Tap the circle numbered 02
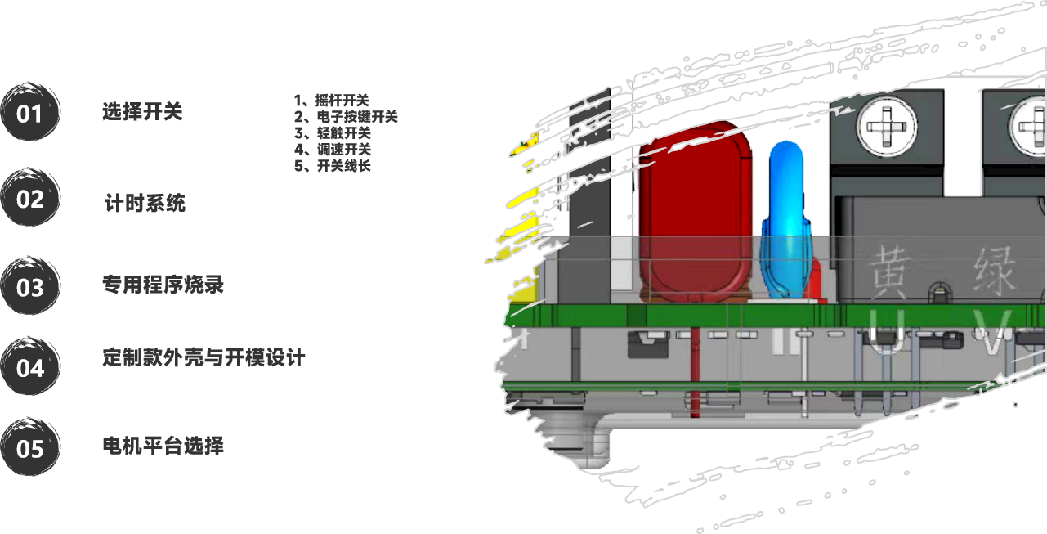point(30,199)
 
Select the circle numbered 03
point(30,287)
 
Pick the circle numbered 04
point(30,367)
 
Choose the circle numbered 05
point(30,448)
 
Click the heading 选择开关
point(142,112)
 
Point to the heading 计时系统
point(145,203)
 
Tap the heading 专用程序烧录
point(163,285)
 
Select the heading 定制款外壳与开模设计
point(204,357)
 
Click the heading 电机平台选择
point(163,446)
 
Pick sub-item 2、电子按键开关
point(346,117)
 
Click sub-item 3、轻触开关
point(333,133)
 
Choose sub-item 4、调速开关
point(333,150)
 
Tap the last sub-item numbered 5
point(333,166)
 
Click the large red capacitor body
point(694,213)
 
